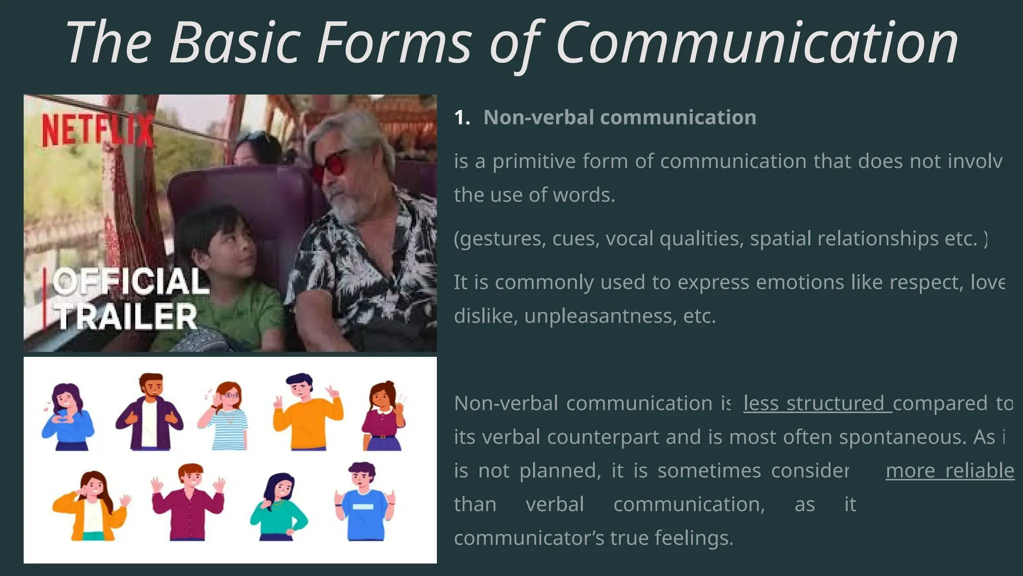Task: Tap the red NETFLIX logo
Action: (97, 130)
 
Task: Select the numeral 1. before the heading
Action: (462, 118)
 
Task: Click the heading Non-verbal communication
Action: (619, 118)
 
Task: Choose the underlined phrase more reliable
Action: (950, 471)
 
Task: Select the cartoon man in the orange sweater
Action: (307, 412)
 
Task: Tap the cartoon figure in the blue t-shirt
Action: (364, 502)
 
